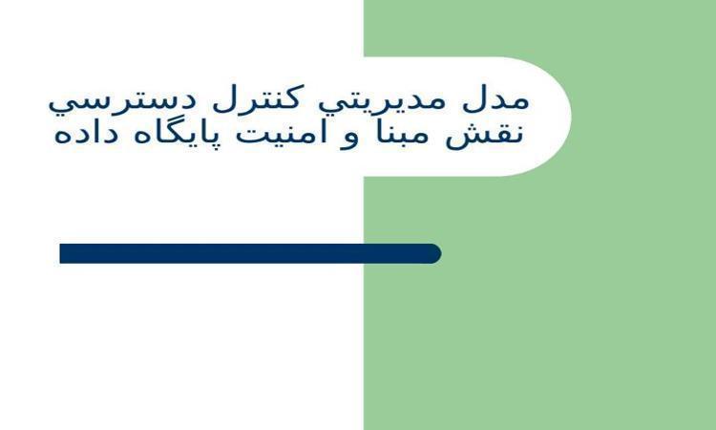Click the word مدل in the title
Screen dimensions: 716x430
495,100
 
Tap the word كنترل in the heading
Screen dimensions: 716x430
256,98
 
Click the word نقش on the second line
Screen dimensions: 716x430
484,134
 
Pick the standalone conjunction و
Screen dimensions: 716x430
348,137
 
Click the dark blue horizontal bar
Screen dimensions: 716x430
250,253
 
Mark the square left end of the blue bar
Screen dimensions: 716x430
60,253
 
